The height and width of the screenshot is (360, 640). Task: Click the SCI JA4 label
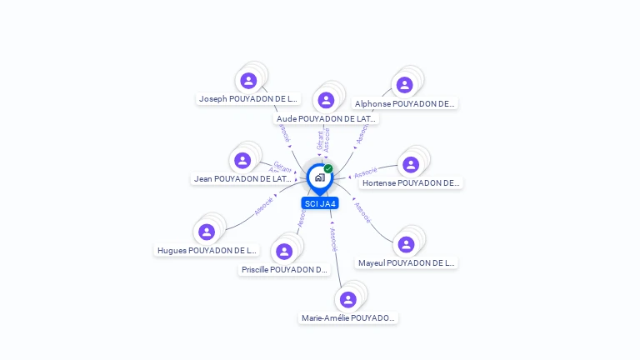click(x=320, y=203)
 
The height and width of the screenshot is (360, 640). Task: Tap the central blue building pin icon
click(x=319, y=177)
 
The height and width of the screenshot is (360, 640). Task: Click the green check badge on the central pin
click(x=328, y=168)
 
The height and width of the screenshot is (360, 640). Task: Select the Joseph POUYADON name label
click(x=247, y=98)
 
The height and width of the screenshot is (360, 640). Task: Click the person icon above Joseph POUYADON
click(x=248, y=81)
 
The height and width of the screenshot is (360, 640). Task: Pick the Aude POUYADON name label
click(x=326, y=118)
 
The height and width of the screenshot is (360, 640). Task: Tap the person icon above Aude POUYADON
click(x=326, y=100)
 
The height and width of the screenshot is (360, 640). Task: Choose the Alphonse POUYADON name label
click(x=404, y=104)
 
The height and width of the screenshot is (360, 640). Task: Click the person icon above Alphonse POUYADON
click(x=405, y=85)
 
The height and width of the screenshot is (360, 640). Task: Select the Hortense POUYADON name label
click(x=410, y=182)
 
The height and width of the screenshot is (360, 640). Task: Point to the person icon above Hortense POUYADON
click(x=411, y=164)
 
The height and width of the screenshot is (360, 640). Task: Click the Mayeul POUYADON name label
click(x=406, y=262)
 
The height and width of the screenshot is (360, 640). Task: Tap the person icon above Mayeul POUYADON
click(x=406, y=244)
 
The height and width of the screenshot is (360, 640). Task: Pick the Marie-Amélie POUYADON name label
click(x=348, y=317)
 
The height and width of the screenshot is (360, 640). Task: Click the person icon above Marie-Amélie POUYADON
click(x=348, y=299)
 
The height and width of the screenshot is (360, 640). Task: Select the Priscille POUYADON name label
click(x=284, y=269)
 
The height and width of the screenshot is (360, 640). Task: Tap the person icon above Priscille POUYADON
click(x=284, y=251)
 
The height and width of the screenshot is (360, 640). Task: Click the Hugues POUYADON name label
click(x=207, y=250)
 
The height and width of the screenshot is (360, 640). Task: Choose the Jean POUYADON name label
click(x=242, y=178)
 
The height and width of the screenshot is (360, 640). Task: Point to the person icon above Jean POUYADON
click(x=242, y=160)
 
